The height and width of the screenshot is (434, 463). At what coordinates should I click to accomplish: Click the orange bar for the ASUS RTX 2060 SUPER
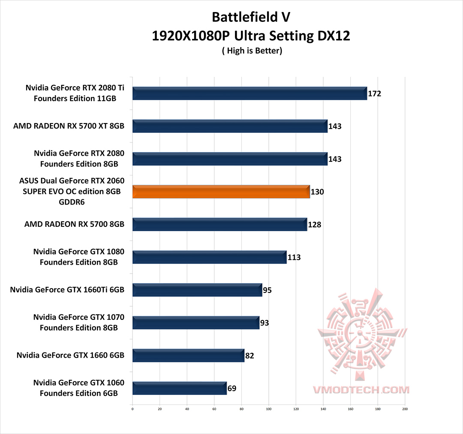coord(221,192)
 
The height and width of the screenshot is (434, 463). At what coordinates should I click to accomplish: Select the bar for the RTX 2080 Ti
coord(250,93)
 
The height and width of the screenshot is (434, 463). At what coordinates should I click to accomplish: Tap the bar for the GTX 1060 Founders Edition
coord(179,388)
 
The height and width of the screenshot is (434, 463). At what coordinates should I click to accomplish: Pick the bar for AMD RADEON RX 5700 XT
coord(230,126)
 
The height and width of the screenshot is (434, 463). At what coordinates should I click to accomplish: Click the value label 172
coord(375,93)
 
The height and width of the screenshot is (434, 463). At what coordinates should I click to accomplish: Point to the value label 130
coord(317,192)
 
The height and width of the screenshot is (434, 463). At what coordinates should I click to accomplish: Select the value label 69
coord(232,389)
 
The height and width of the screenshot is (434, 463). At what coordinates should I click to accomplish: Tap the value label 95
coord(267,290)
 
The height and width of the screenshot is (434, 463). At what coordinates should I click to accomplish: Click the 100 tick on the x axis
coord(269,409)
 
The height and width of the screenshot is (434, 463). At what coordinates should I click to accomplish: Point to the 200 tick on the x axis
coord(405,409)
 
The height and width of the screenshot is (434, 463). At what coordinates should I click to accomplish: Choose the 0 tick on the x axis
coord(132,409)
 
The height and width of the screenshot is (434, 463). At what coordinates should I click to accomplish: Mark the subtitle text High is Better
coord(252,51)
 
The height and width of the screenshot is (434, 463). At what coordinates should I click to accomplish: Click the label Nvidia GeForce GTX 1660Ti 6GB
coord(67,290)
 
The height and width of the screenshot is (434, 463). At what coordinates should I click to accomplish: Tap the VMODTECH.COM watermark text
coord(361,390)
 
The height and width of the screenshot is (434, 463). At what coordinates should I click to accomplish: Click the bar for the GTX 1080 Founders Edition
coord(209,257)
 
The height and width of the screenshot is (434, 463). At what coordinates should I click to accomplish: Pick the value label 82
coord(250,356)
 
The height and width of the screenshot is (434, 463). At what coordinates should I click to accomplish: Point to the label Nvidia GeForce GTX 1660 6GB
coord(71,356)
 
